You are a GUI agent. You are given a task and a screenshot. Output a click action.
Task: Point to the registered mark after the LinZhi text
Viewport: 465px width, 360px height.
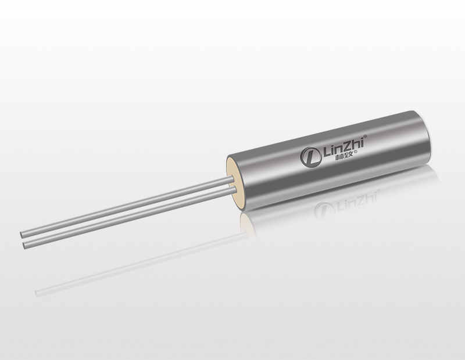[x=366, y=136]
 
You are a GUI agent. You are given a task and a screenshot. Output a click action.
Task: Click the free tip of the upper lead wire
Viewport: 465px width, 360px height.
[x=22, y=235]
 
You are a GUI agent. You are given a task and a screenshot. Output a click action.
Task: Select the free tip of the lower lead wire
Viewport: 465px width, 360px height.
[x=24, y=244]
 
